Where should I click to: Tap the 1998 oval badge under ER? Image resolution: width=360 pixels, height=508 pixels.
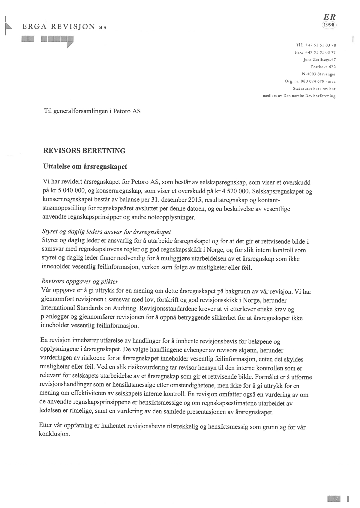click(329, 25)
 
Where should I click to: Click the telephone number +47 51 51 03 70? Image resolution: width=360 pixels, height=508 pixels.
click(320, 45)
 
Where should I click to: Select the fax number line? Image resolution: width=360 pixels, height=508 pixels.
click(315, 52)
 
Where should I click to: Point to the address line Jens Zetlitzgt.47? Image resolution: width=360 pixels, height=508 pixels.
click(319, 60)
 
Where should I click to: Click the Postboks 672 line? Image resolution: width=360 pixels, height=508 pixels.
click(323, 67)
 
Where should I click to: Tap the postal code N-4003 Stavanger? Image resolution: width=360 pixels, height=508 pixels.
click(319, 74)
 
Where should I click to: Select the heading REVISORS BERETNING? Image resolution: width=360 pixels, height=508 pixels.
click(84, 151)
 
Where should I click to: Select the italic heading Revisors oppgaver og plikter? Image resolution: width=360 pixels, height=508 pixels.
click(79, 282)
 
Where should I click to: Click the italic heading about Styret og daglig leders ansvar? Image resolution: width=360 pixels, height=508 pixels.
click(106, 232)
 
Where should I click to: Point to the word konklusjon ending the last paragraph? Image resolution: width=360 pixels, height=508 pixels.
click(54, 434)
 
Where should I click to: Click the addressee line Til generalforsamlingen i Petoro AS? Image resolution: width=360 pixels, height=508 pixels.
click(92, 111)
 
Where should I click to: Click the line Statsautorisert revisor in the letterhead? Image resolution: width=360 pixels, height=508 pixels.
click(314, 89)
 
